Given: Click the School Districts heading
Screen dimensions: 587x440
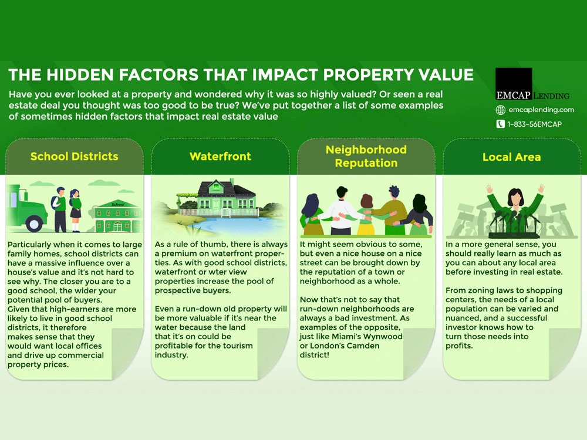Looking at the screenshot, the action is pyautogui.click(x=74, y=157).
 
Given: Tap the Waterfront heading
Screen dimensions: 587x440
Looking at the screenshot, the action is pyautogui.click(x=220, y=157).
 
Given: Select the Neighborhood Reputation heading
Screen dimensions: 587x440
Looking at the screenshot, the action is pyautogui.click(x=366, y=157).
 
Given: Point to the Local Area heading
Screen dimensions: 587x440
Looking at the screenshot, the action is pyautogui.click(x=511, y=157).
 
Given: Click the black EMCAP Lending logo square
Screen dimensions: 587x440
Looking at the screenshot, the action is pyautogui.click(x=514, y=84).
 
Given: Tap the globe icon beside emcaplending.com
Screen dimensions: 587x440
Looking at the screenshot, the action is pyautogui.click(x=501, y=110).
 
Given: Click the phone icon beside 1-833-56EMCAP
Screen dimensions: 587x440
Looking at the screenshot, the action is pyautogui.click(x=501, y=124).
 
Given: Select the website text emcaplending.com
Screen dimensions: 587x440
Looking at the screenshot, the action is pyautogui.click(x=541, y=110).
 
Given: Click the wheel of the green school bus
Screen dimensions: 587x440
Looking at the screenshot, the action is pyautogui.click(x=34, y=224).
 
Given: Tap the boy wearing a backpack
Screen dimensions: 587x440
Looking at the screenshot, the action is pyautogui.click(x=60, y=209).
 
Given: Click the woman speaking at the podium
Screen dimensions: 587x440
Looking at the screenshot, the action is pyautogui.click(x=515, y=210).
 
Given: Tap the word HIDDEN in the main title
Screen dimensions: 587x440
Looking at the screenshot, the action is pyautogui.click(x=80, y=75).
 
